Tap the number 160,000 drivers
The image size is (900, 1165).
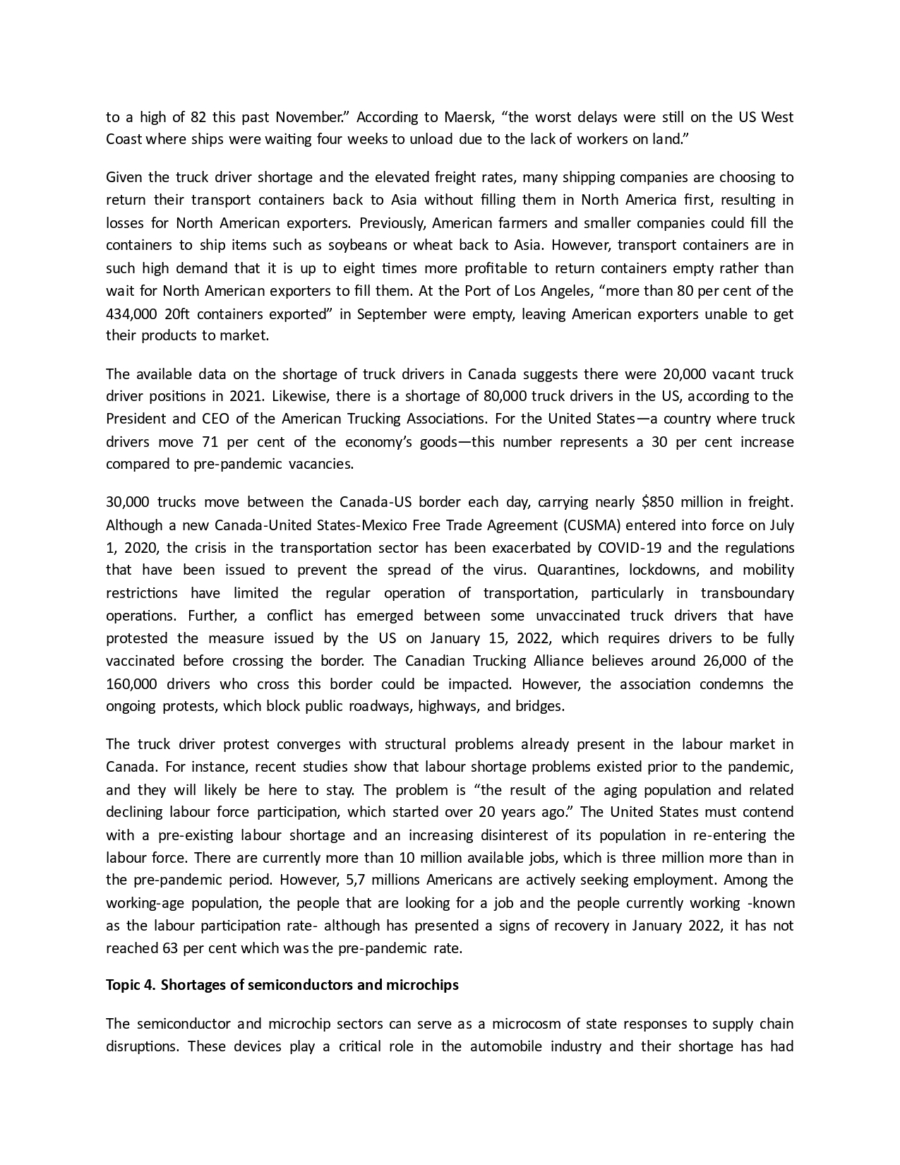132,684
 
